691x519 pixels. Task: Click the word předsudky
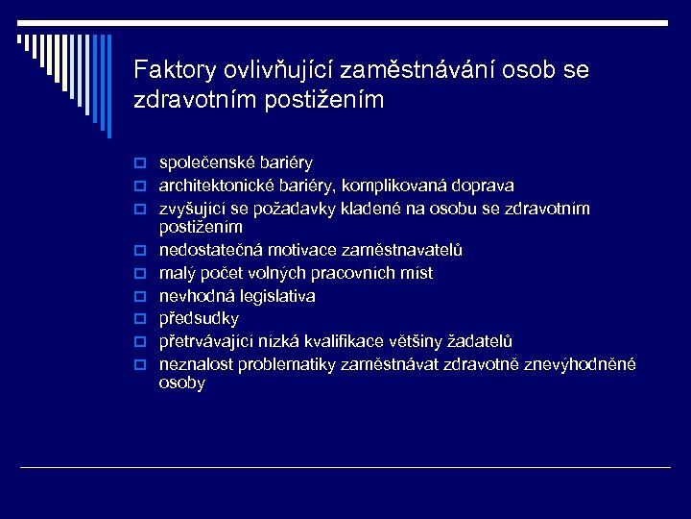pyautogui.click(x=199, y=319)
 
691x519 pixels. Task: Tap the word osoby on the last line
pyautogui.click(x=182, y=383)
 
